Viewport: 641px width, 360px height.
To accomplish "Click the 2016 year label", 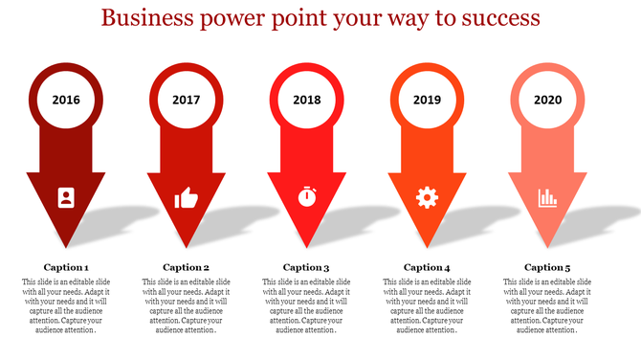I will (x=66, y=100).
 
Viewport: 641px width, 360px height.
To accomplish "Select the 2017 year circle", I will (x=187, y=100).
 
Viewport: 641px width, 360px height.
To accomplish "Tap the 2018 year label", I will (x=306, y=100).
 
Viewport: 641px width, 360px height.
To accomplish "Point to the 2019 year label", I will (x=427, y=100).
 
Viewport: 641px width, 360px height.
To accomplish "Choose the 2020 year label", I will (x=547, y=100).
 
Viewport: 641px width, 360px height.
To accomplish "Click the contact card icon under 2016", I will (x=65, y=197).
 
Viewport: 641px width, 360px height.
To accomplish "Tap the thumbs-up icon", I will (x=186, y=198).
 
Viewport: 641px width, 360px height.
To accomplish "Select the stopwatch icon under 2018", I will (x=306, y=197).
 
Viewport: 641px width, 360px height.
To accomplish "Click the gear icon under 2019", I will (x=427, y=197).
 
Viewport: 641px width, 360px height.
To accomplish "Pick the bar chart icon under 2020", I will (x=547, y=198).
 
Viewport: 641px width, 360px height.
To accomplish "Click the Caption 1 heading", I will (x=66, y=267).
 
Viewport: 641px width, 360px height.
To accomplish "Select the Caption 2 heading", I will (x=187, y=267).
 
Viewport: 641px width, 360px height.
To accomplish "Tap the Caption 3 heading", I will (x=306, y=267).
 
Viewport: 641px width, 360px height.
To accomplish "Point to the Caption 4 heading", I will (x=427, y=267).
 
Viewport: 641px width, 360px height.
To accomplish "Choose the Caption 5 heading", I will (x=547, y=267).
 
